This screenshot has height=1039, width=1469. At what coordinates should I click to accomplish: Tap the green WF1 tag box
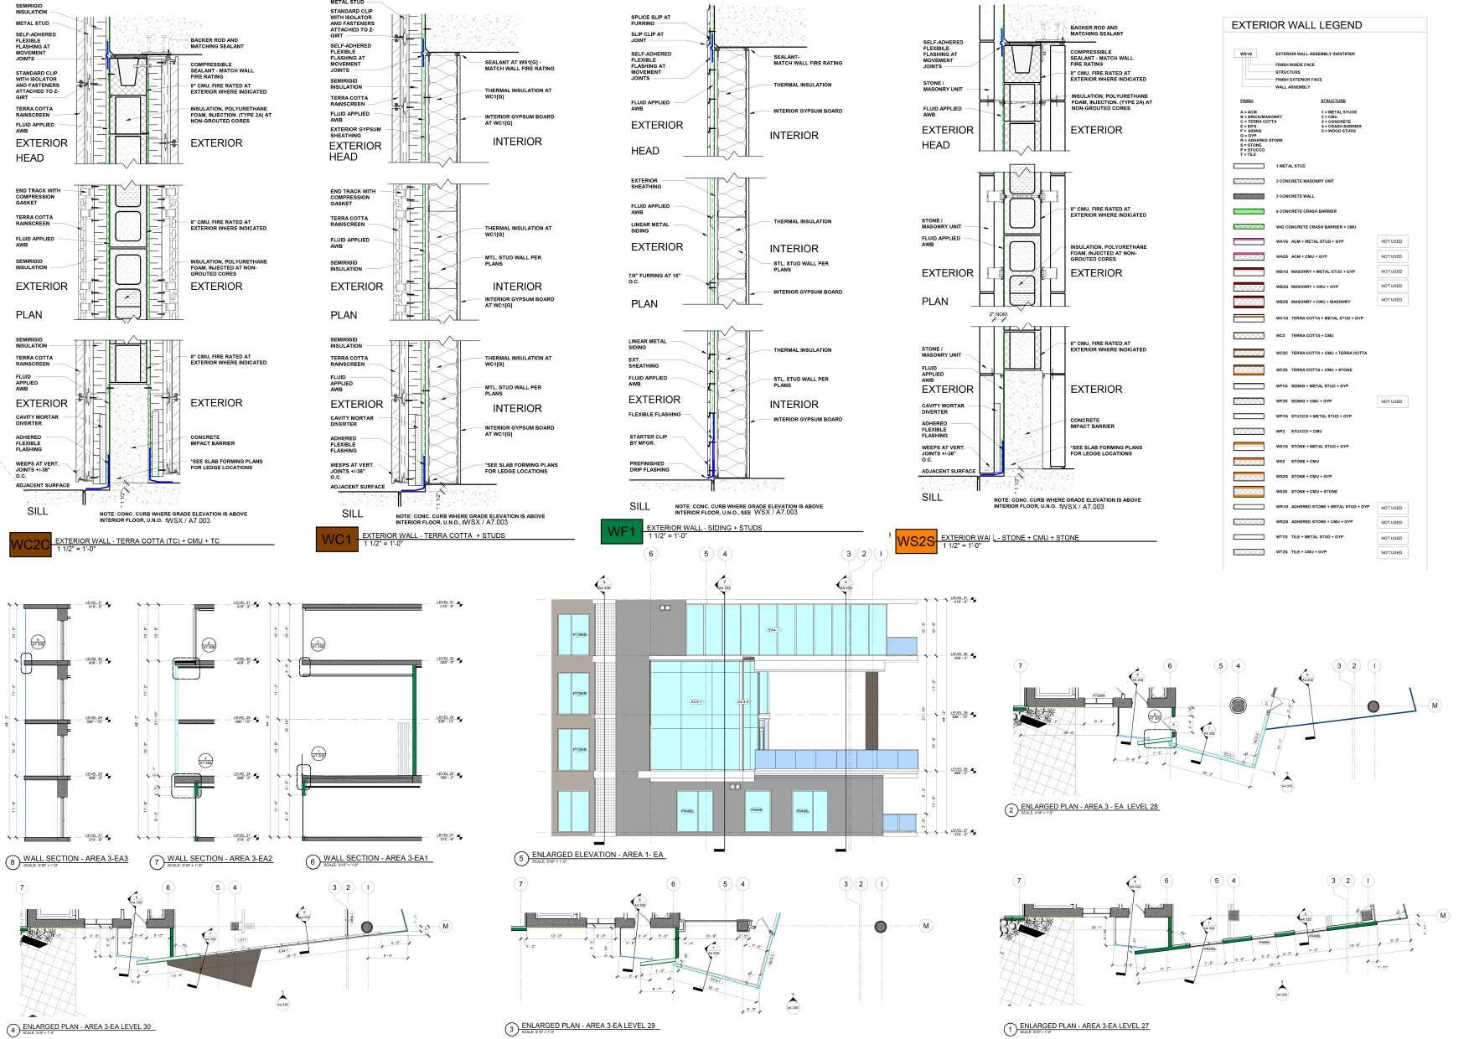click(621, 532)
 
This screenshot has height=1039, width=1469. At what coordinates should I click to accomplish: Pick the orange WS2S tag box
click(915, 541)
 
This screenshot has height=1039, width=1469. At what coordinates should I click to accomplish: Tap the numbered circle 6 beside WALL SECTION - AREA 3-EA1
click(313, 861)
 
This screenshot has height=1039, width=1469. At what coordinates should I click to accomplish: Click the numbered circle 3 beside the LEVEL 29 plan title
click(511, 1029)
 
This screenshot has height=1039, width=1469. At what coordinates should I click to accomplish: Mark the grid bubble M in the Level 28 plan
click(1435, 706)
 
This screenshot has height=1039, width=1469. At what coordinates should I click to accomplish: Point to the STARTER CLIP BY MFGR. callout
click(646, 440)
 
